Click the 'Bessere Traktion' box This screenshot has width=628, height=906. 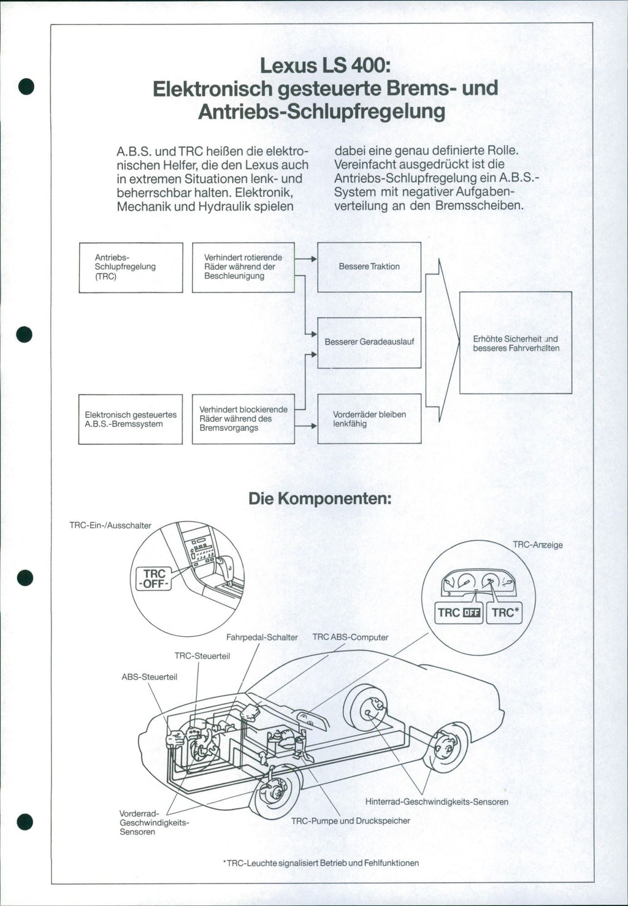pos(369,267)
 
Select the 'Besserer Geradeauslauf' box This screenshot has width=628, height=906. pos(369,342)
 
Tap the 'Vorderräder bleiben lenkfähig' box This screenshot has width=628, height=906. pos(369,419)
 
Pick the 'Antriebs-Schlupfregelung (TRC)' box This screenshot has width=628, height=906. pos(131,267)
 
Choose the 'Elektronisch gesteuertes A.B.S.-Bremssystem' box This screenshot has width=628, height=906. pos(131,419)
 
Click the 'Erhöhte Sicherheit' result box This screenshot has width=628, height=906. pos(516,343)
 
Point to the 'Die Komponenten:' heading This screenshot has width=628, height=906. pos(320,498)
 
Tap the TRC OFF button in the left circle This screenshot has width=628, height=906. pos(154,579)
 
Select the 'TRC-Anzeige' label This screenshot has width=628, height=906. pos(537,545)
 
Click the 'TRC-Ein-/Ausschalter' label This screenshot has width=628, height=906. pos(110,525)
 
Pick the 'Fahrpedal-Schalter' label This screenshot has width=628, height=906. pos(262,638)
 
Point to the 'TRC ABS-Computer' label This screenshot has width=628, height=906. pos(350,638)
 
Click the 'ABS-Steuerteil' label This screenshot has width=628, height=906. pos(150,677)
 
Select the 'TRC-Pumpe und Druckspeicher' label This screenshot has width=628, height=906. pos(350,821)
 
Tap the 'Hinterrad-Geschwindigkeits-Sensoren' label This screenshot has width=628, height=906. pos(437,802)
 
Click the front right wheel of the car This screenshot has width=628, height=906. pos(274,792)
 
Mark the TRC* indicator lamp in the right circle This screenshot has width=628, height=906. pos(504,612)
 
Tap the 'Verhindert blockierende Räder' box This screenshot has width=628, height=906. pos(243,419)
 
